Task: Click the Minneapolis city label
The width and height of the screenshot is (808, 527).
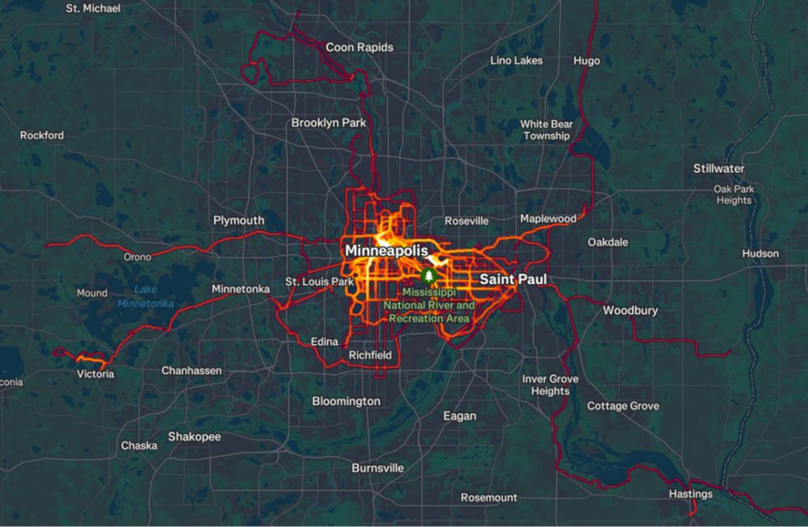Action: tap(386, 251)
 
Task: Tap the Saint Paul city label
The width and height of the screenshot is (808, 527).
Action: tap(513, 280)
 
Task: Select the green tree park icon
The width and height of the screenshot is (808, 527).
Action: tap(428, 276)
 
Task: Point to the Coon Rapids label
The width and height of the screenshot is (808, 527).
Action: tap(360, 48)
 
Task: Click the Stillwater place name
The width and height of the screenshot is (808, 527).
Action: tap(718, 169)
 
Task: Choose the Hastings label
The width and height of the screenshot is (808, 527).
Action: tap(691, 494)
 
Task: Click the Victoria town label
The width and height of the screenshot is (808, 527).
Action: tap(95, 374)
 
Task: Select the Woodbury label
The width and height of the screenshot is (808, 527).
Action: tap(630, 310)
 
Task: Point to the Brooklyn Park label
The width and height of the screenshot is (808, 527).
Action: tap(329, 123)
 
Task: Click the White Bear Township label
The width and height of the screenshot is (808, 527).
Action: tap(546, 130)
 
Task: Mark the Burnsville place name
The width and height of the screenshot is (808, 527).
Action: tap(377, 468)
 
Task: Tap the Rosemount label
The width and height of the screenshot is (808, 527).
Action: tap(488, 497)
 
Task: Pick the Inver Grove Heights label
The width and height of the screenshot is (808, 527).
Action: tap(550, 385)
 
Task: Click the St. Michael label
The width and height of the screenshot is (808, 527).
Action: tap(93, 8)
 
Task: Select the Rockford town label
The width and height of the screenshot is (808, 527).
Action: tap(42, 135)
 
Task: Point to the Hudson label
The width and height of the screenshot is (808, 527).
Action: tap(760, 254)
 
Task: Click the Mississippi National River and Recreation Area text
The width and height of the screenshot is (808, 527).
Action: tap(429, 305)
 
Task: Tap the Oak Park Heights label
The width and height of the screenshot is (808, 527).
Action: tap(733, 195)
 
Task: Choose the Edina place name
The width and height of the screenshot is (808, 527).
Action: tap(324, 342)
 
